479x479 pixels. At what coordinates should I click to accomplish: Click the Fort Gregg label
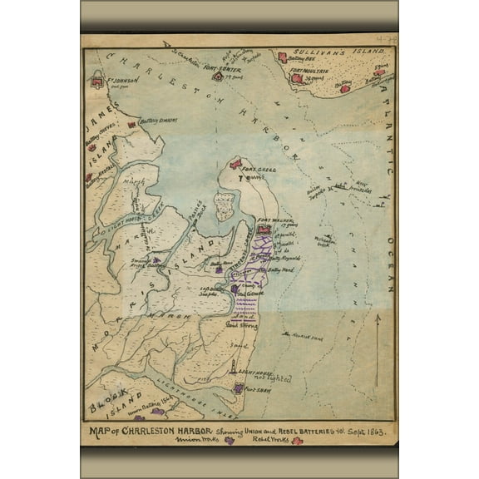pos(259,170)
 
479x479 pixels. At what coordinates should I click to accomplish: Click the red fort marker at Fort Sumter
pos(217,77)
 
